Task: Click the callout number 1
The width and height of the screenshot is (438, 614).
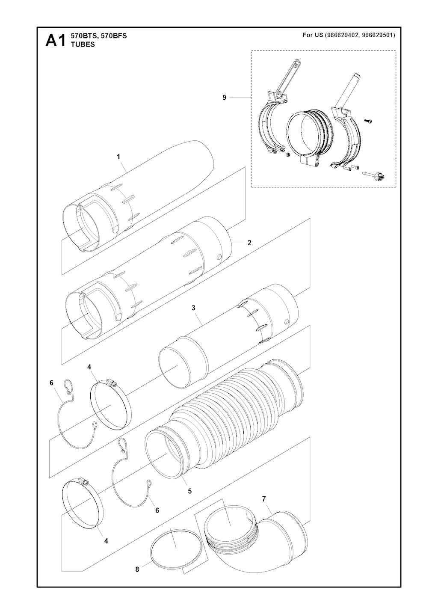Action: click(118, 157)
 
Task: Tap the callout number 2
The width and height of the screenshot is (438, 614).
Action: click(249, 243)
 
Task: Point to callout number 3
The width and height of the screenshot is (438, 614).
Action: click(193, 308)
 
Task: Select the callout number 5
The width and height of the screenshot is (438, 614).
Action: click(189, 491)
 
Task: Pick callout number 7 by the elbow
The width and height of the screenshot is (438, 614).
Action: click(263, 499)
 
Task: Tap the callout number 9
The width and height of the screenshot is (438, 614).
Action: click(224, 98)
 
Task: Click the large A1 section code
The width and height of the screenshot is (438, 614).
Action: click(56, 41)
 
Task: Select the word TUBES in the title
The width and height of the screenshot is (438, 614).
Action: click(83, 44)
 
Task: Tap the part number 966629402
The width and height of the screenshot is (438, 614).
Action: click(341, 35)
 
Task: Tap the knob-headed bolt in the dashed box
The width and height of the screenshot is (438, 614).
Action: click(374, 174)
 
